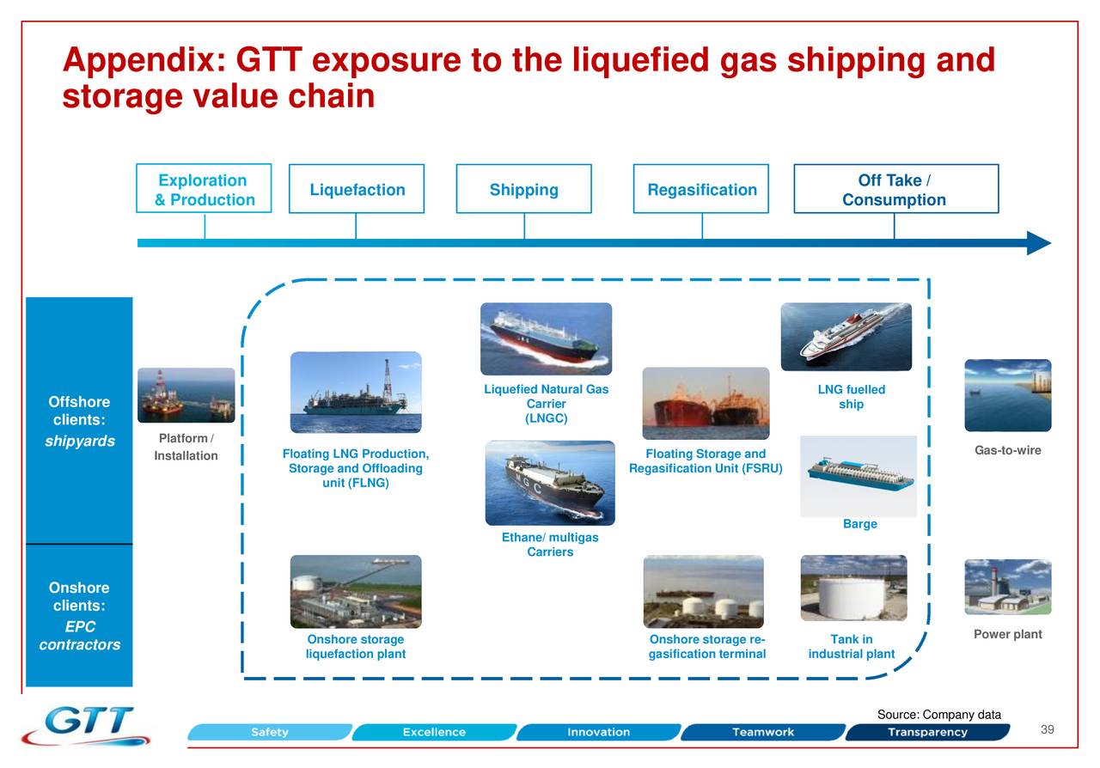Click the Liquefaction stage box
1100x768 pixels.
[357, 189]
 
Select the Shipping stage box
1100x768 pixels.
[523, 189]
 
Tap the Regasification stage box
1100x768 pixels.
[701, 189]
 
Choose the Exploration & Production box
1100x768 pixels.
[204, 189]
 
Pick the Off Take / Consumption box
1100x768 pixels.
[895, 189]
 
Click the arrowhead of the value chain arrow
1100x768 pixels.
[1039, 243]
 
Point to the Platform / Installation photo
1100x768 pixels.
[186, 395]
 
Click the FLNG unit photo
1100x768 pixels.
[356, 393]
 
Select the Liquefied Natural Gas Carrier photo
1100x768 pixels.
[546, 338]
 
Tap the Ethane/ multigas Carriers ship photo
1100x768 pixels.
[550, 483]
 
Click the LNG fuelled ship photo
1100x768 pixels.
[846, 337]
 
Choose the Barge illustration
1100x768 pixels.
[858, 476]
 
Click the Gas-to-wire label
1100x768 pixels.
[1007, 451]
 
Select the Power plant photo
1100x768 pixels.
[1007, 587]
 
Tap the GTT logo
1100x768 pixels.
[86, 726]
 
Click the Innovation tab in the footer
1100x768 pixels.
[598, 733]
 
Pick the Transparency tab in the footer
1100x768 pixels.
[927, 733]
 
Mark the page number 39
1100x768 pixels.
[1047, 730]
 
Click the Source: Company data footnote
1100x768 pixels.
[938, 715]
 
